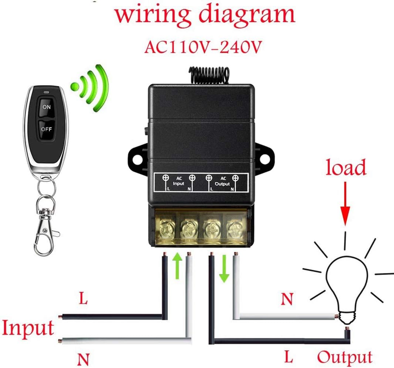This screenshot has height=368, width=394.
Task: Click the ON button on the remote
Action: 47,107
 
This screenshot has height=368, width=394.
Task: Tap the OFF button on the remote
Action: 47,129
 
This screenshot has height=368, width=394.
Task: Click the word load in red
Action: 346,168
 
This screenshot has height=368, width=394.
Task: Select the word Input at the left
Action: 28,328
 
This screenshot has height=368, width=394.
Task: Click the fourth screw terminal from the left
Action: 233,227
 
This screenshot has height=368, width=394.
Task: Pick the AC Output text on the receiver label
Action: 222,181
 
